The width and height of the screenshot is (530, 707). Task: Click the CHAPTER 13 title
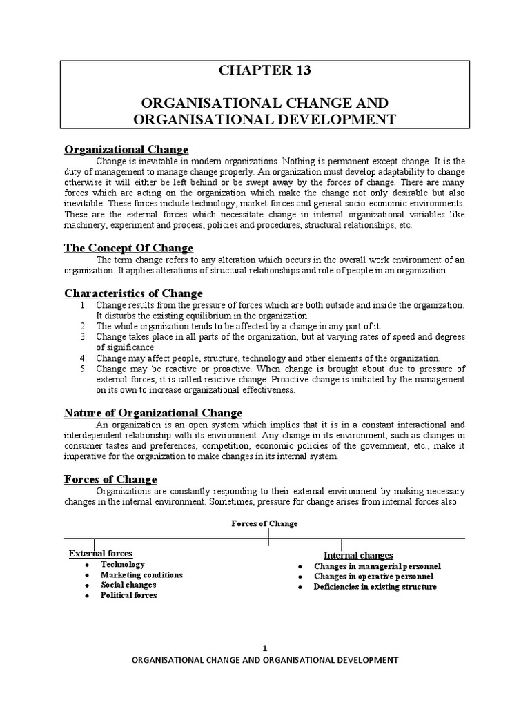tap(265, 70)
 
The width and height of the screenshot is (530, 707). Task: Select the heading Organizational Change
tap(126, 150)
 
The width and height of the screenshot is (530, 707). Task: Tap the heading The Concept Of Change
tap(129, 248)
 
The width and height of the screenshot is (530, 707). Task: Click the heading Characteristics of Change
tap(133, 293)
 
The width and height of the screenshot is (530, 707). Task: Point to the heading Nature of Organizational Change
tap(153, 413)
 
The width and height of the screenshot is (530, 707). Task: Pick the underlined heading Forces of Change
tap(110, 479)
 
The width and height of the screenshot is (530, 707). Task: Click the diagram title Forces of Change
tap(264, 524)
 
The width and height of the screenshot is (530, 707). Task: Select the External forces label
tap(101, 553)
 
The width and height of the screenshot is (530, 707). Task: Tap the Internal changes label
tap(358, 555)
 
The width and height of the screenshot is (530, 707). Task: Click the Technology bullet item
tap(123, 564)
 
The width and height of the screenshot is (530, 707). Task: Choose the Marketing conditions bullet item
tap(141, 574)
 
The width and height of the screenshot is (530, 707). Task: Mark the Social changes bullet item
tap(128, 585)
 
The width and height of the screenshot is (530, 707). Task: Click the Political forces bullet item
tap(129, 595)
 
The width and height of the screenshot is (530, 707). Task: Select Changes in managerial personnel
tap(377, 566)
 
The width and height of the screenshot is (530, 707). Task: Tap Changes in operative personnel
tap(373, 576)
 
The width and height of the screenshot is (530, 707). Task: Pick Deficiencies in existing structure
tap(375, 587)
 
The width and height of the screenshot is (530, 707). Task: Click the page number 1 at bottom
tap(264, 647)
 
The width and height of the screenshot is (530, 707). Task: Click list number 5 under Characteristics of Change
tap(81, 369)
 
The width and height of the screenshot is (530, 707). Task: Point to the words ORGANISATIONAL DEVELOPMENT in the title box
tap(264, 119)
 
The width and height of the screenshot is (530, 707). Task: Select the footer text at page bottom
tap(264, 660)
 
